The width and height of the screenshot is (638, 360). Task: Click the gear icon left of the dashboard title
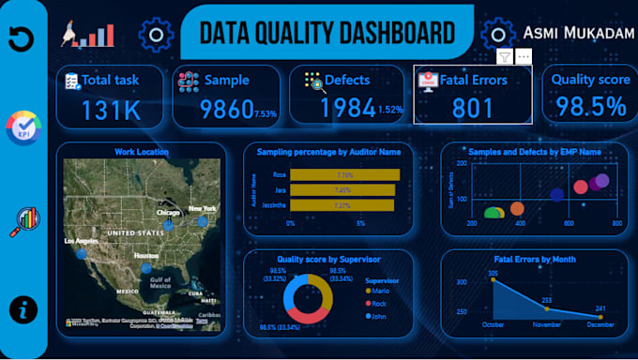[x=155, y=35]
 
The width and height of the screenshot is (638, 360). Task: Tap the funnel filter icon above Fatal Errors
[x=504, y=57]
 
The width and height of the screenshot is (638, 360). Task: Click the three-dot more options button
[x=523, y=57]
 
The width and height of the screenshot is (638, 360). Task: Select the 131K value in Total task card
[x=110, y=110]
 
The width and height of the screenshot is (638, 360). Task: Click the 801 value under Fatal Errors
[x=472, y=109]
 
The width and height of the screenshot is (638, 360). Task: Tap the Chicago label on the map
[x=168, y=214]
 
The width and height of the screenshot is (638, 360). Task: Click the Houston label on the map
[x=144, y=256]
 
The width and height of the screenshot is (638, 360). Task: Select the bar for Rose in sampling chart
[x=344, y=174]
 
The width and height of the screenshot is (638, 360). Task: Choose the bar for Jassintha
[x=342, y=205]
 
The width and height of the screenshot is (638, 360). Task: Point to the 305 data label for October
[x=492, y=274]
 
